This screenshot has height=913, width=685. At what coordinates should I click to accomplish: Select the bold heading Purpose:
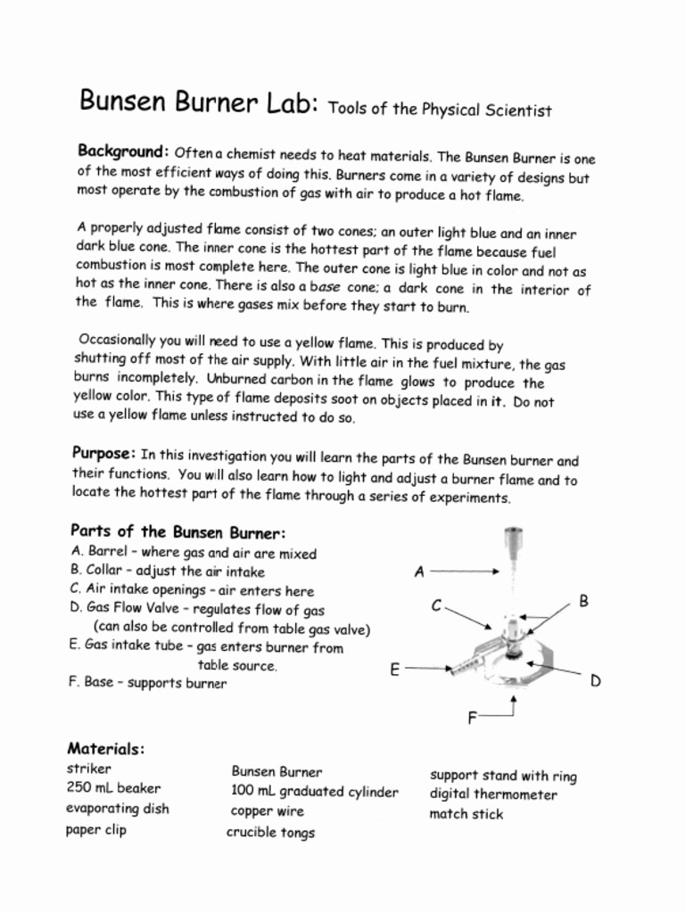103,452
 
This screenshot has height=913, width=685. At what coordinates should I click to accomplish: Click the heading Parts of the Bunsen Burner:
178,532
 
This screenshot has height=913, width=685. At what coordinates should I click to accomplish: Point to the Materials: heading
106,748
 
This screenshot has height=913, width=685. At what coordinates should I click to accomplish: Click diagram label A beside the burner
419,572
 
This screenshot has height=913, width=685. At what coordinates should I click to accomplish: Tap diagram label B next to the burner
583,602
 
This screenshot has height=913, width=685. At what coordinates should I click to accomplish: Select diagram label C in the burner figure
436,606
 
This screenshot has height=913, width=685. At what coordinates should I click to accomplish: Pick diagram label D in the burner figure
595,681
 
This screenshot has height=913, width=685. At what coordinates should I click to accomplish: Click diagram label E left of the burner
394,669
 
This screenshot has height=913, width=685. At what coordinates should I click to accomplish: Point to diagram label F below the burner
473,718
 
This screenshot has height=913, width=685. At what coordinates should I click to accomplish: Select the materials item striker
89,768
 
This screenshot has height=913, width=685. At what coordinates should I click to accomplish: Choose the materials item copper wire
268,811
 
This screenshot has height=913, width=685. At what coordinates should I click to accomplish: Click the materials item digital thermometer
493,794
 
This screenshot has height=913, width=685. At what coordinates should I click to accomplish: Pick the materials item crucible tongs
270,833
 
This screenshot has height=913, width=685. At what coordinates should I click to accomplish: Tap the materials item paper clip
96,830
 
